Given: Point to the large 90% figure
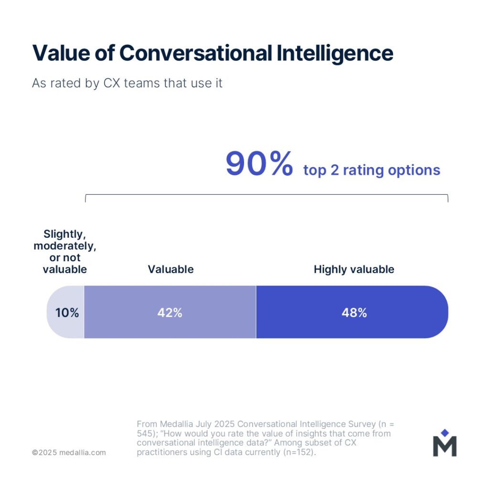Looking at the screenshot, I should [259, 164].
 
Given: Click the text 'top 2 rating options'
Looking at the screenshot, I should [372, 170].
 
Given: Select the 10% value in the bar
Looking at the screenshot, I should [67, 313].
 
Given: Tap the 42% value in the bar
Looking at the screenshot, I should [170, 313].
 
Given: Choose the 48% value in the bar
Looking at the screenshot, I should [354, 313].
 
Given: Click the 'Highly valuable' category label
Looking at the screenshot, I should [354, 269].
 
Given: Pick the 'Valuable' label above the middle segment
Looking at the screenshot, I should [170, 269].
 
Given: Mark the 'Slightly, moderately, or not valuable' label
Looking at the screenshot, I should [65, 252].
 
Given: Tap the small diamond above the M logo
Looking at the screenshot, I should [445, 433].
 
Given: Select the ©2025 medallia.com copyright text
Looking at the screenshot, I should [69, 452].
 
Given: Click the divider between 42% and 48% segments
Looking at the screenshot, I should [256, 312].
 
